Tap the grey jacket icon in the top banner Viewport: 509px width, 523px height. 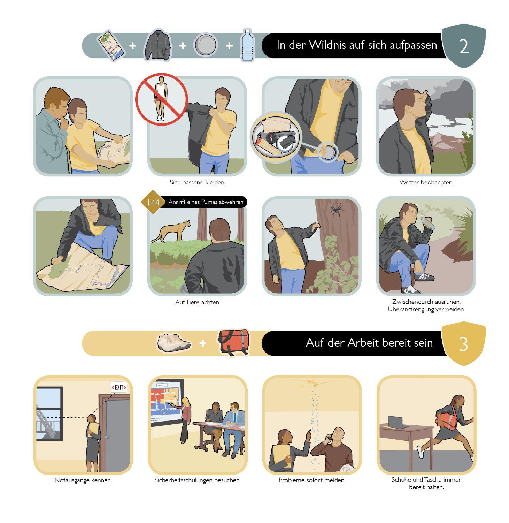click(157, 46)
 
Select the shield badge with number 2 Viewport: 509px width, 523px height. click(463, 46)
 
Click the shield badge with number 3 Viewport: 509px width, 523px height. click(463, 343)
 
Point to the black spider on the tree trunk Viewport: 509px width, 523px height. click(337, 210)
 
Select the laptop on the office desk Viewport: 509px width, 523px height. click(398, 423)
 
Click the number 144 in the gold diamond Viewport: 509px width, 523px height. click(153, 202)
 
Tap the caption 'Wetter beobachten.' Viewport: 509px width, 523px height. click(426, 182)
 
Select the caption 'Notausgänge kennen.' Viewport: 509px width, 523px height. click(83, 480)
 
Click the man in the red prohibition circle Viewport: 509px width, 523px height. click(161, 98)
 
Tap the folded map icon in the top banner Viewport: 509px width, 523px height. click(111, 46)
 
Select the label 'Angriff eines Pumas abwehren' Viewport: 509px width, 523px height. click(206, 202)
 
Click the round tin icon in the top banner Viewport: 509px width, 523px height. click(206, 45)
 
